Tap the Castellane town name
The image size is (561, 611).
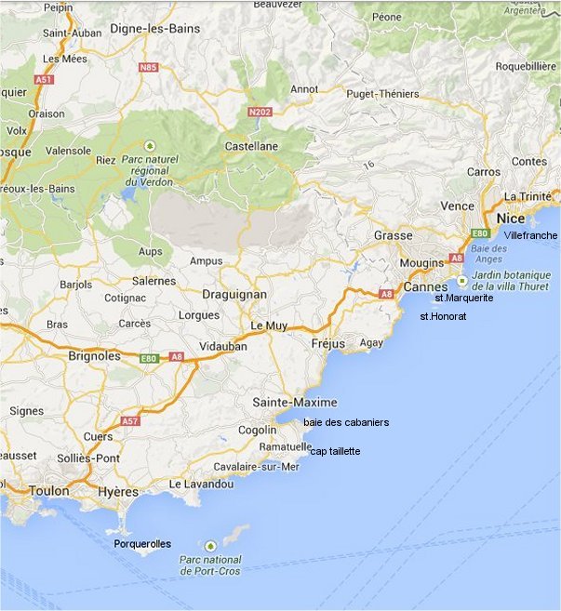pos(253,146)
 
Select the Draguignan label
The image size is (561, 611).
pos(234,294)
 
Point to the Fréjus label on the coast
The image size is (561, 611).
pos(327,343)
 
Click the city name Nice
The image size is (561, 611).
pos(512,218)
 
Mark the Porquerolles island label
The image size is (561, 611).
pos(142,544)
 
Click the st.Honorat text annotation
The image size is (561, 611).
pos(443,316)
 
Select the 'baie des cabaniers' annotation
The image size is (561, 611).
pos(346,422)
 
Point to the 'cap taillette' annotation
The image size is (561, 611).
pos(335,451)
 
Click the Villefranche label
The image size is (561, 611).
pos(530,236)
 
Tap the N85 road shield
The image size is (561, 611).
pos(148,67)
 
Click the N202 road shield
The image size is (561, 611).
pos(260,113)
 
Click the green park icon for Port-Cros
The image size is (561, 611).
pos(210,545)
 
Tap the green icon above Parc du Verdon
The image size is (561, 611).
pos(150,145)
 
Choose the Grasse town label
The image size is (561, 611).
pos(394,235)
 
